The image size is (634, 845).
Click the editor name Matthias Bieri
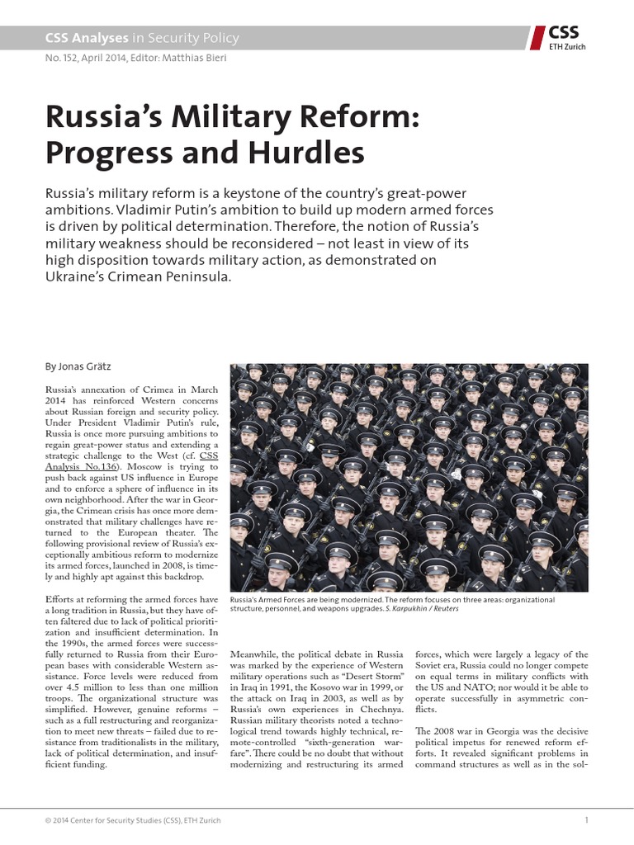tap(194, 58)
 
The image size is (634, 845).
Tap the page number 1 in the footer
tap(585, 819)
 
